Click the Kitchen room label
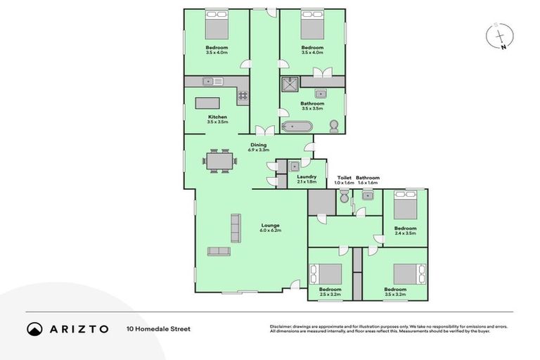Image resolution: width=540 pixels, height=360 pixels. click(217, 119)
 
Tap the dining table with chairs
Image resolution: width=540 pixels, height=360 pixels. click(219, 161)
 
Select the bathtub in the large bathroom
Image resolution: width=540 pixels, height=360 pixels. click(297, 127)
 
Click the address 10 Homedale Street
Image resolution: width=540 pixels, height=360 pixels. click(158, 328)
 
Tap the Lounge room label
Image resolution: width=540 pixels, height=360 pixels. click(251, 228)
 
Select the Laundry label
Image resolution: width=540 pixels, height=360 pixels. click(306, 179)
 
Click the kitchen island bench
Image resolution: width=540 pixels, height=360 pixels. click(207, 103)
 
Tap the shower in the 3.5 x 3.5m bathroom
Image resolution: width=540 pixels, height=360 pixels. click(289, 85)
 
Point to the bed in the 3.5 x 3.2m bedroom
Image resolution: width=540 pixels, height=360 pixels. click(409, 274)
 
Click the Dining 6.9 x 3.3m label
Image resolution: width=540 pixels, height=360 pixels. click(258, 147)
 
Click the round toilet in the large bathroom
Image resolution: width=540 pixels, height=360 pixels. click(334, 126)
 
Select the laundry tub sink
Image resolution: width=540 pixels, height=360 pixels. click(295, 166)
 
